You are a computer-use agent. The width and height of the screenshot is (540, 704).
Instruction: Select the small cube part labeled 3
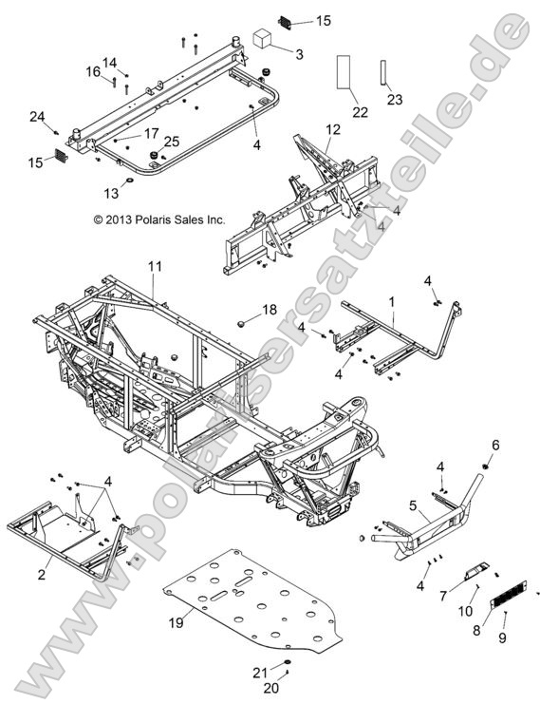point(262,38)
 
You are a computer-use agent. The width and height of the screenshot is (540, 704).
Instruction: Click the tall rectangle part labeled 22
point(344,71)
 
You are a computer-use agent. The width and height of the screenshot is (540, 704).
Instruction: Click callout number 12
point(332,128)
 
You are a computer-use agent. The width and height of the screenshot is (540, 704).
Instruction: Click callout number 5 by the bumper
point(414,504)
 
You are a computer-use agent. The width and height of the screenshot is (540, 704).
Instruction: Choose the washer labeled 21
point(286,661)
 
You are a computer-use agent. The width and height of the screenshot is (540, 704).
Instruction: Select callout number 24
point(37,117)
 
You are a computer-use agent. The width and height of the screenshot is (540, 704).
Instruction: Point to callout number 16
point(94,71)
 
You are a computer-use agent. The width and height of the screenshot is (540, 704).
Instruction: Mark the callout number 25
point(173,141)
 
